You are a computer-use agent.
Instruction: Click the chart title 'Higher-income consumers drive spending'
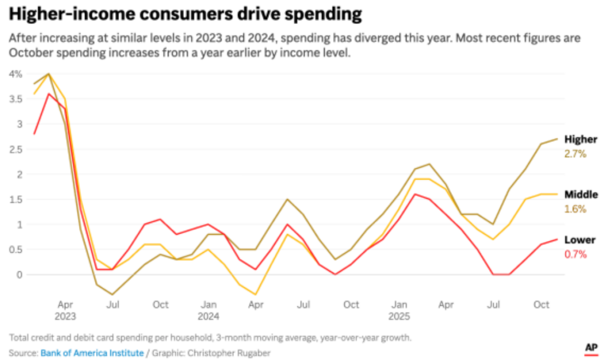click(x=185, y=13)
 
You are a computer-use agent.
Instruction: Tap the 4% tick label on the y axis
click(x=15, y=74)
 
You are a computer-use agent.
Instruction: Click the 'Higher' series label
click(x=581, y=139)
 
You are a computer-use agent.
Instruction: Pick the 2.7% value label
click(x=575, y=154)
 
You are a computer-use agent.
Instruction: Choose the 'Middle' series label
click(x=581, y=195)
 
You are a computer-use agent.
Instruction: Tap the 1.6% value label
click(x=575, y=209)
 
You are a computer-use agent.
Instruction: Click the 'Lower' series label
click(x=580, y=240)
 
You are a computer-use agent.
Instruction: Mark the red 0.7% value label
click(x=575, y=254)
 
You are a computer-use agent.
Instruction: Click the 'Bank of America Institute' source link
click(x=92, y=353)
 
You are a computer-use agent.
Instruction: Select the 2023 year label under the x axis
click(x=65, y=316)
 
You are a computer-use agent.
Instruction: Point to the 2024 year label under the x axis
click(x=209, y=316)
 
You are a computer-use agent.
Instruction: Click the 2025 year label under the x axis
click(x=399, y=316)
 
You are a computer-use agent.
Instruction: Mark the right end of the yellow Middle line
click(x=556, y=194)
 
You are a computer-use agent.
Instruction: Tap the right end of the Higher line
click(x=556, y=139)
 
